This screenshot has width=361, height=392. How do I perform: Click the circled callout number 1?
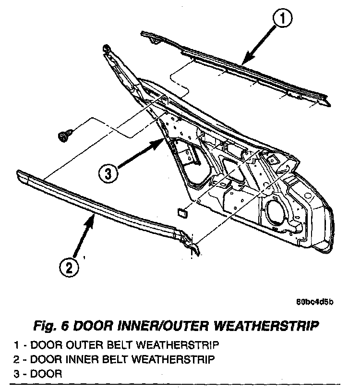pos(283,20)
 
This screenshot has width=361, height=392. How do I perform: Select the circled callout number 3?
pos(109,172)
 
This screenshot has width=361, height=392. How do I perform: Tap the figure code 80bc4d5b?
pos(314,302)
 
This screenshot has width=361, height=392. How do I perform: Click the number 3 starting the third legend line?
pos(17,373)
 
